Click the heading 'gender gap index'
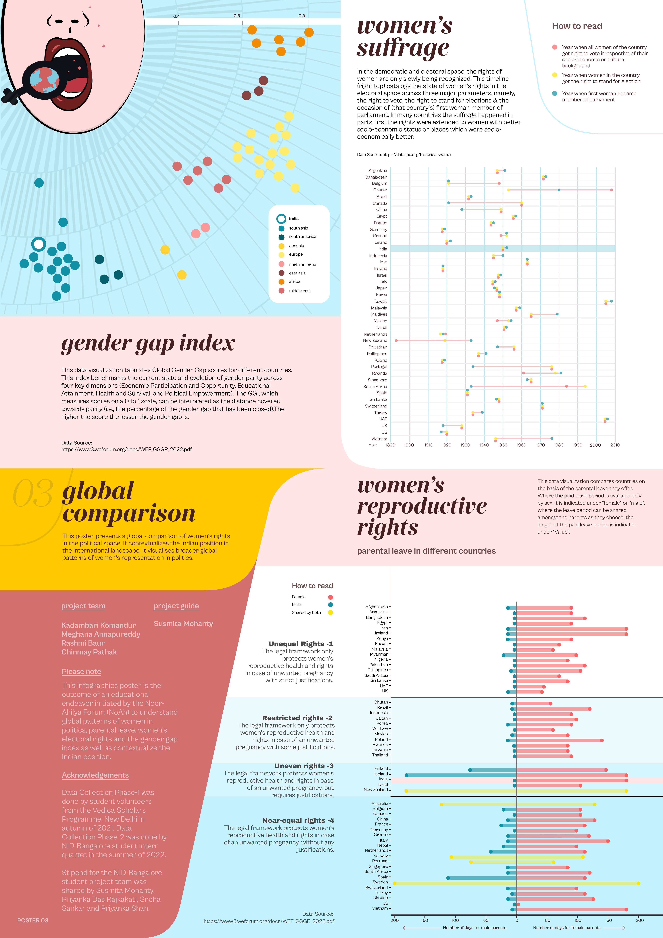(148, 343)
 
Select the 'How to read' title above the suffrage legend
(577, 26)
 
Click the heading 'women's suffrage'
(404, 37)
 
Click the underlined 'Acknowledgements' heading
(95, 775)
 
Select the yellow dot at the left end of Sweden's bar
(395, 883)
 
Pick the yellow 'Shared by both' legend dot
(330, 612)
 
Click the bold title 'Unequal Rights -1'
(301, 644)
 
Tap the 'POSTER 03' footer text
(33, 920)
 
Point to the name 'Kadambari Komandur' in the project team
(98, 625)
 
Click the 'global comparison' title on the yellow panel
(129, 502)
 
